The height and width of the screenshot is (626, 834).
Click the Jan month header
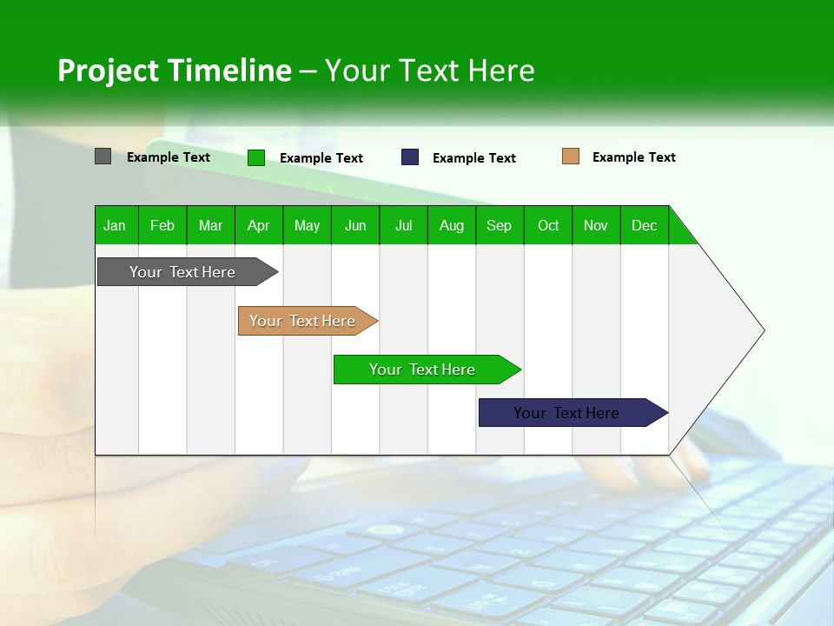(x=116, y=225)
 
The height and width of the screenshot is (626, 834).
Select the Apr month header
(x=259, y=225)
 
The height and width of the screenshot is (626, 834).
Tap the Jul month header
(x=403, y=225)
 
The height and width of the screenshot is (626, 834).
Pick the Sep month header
(x=499, y=225)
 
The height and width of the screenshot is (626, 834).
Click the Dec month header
(x=644, y=225)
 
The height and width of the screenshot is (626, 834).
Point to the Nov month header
(x=596, y=225)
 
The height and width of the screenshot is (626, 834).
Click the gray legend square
(x=103, y=156)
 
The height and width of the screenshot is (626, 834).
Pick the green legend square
(x=256, y=157)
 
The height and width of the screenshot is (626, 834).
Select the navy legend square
(x=410, y=157)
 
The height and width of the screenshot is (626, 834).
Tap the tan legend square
(x=570, y=156)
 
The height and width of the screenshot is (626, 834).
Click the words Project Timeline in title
(x=174, y=70)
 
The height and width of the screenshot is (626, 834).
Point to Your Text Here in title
(x=430, y=70)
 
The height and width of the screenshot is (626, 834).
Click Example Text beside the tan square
(x=633, y=157)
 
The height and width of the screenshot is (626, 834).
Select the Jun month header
(x=355, y=225)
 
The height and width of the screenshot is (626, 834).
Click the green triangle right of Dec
(x=680, y=233)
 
